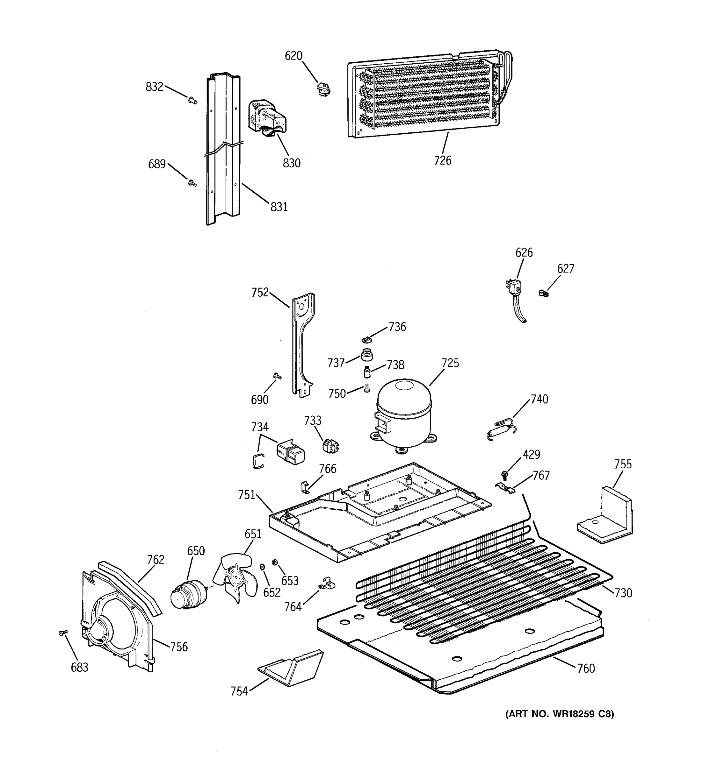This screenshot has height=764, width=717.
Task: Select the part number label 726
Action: [x=442, y=160]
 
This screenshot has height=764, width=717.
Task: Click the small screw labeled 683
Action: [x=63, y=633]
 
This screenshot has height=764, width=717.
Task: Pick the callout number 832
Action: [x=154, y=87]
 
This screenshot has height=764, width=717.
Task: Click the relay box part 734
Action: [x=290, y=454]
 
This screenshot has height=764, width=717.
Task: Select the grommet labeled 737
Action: [x=366, y=355]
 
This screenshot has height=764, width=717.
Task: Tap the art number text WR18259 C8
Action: [x=560, y=714]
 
